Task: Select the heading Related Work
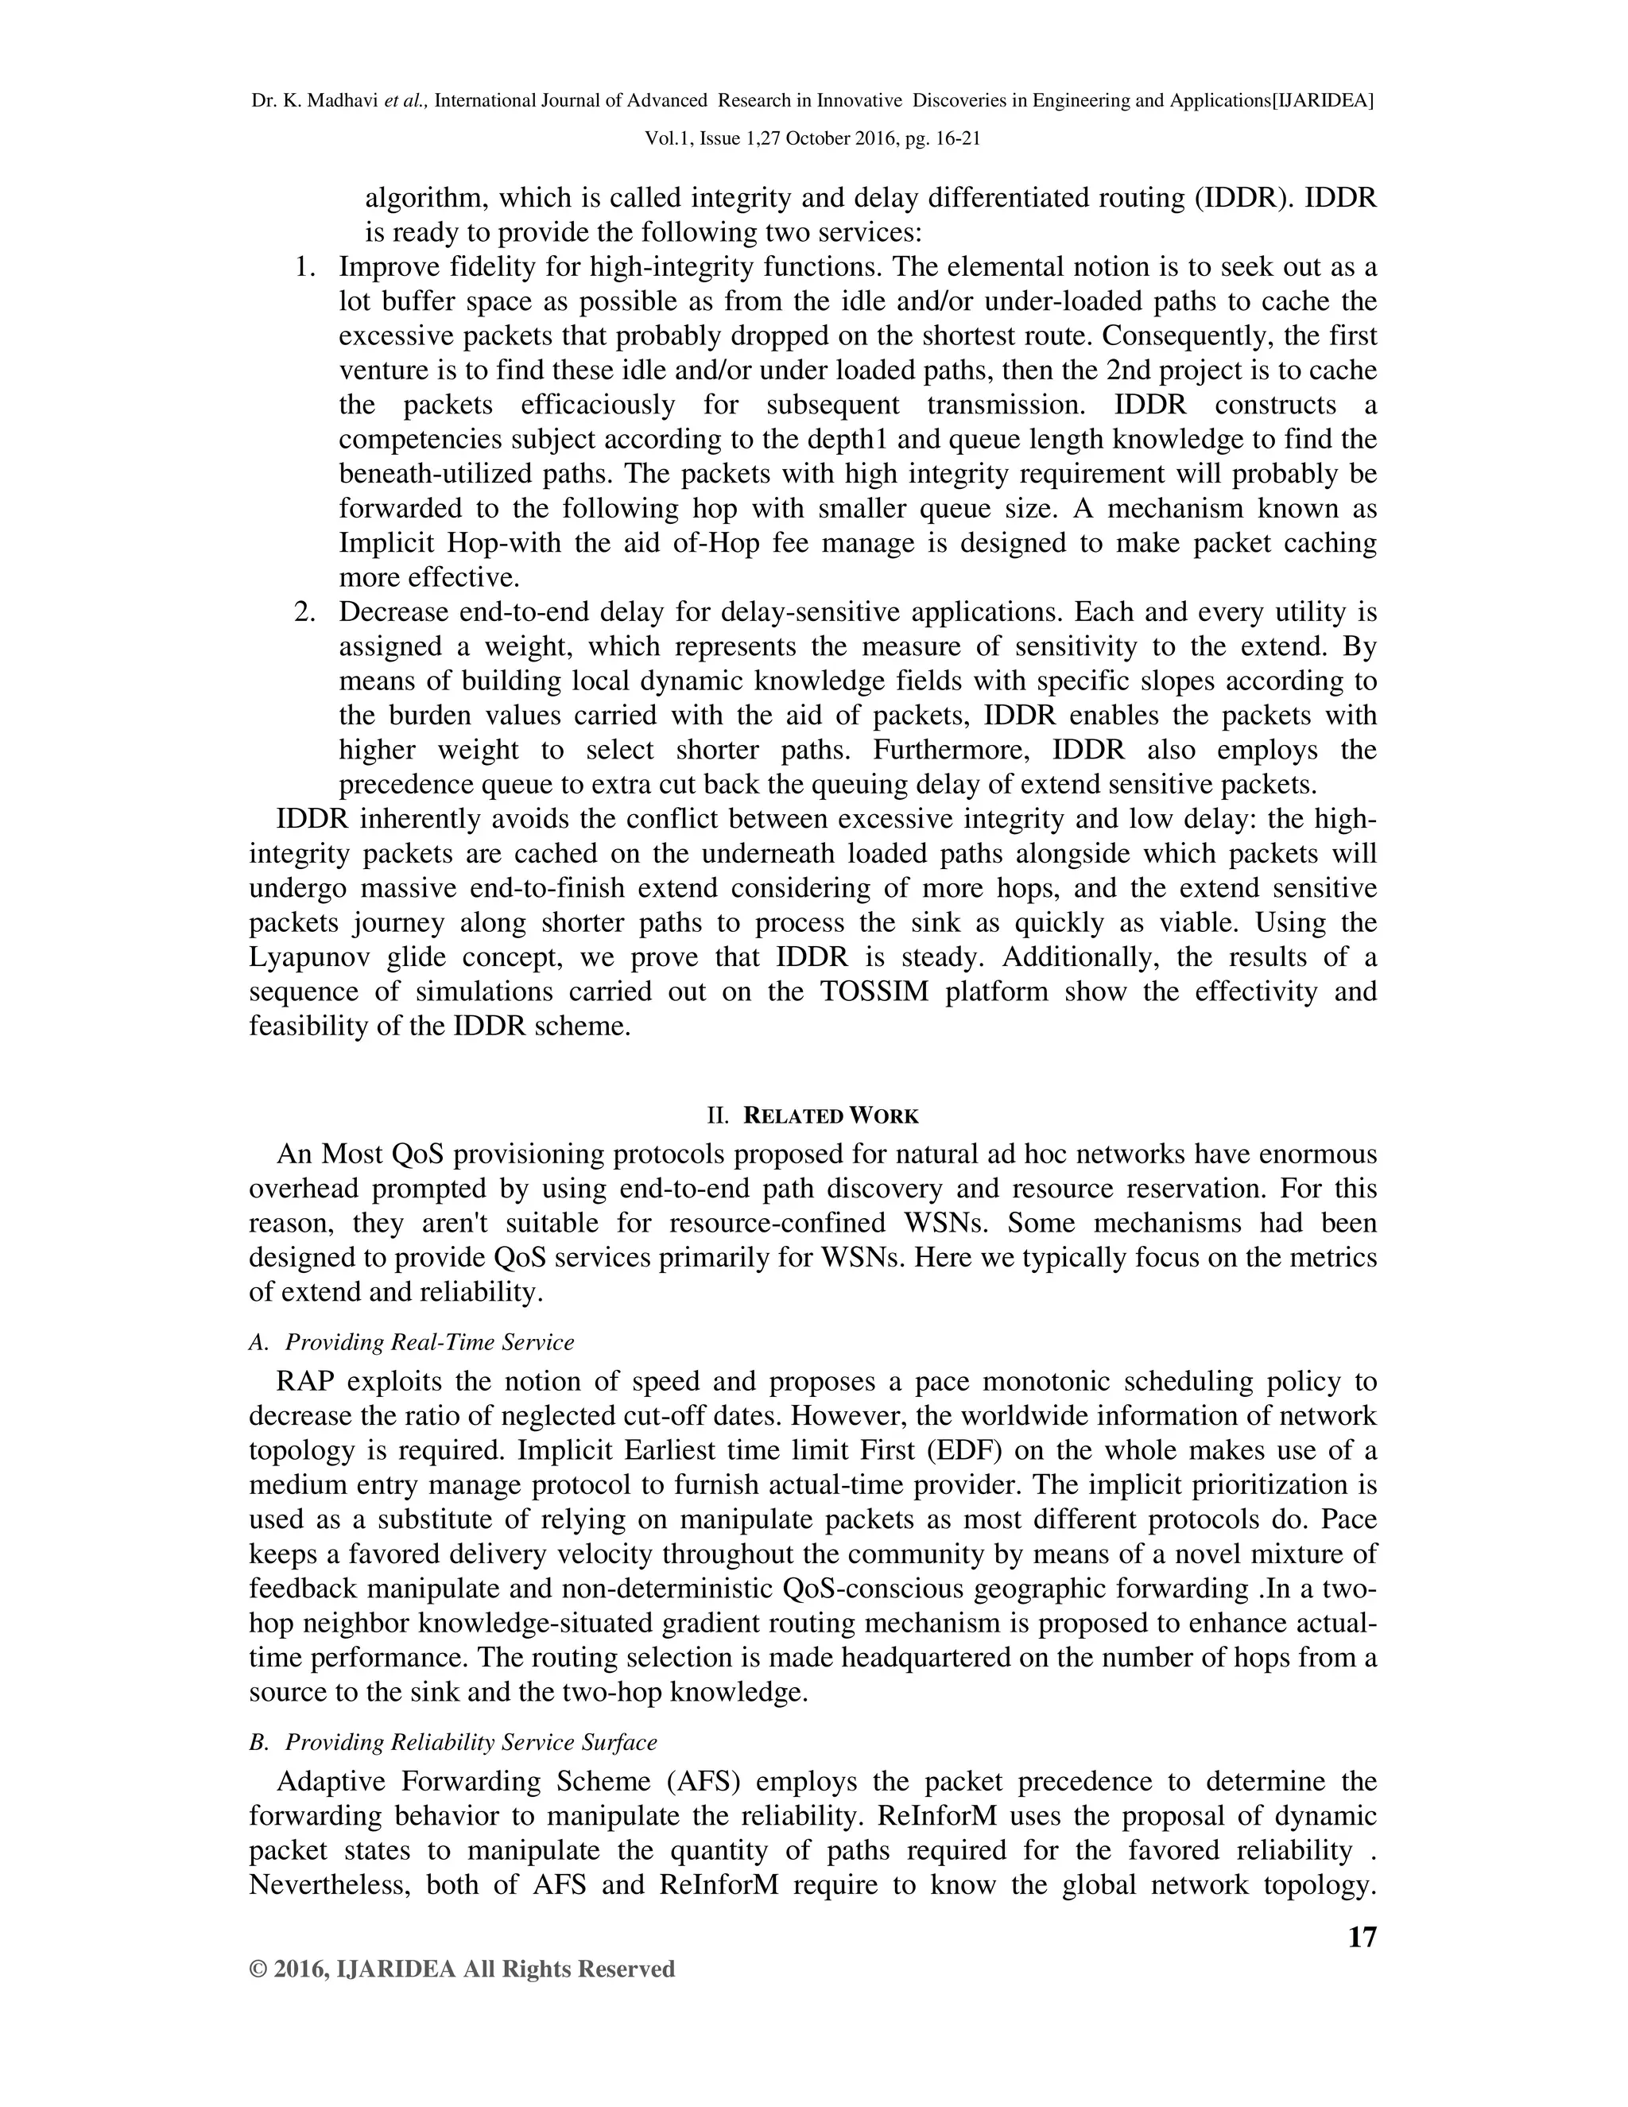click(831, 1116)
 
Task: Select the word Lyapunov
click(309, 958)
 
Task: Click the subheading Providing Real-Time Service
click(429, 1342)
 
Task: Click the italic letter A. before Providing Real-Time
click(258, 1342)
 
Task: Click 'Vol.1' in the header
click(665, 138)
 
